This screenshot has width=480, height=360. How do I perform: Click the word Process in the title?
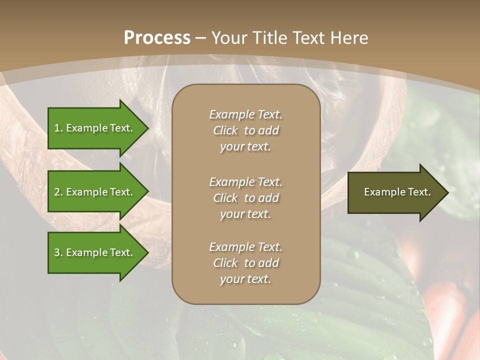click(157, 37)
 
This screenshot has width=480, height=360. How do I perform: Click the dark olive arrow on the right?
click(395, 192)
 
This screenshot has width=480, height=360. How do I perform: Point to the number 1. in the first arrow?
click(58, 128)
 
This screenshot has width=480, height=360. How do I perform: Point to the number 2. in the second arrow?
click(58, 192)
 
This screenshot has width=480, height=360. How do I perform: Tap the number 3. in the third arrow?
click(58, 252)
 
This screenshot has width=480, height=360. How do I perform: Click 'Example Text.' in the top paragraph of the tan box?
click(245, 114)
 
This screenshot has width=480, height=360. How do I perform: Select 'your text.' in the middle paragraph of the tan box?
click(245, 214)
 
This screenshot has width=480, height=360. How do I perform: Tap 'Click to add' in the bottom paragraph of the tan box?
click(245, 263)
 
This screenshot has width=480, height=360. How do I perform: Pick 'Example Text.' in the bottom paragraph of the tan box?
click(245, 247)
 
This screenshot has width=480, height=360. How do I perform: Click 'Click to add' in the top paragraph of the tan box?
click(245, 130)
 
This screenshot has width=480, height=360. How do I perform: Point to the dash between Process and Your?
click(201, 37)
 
